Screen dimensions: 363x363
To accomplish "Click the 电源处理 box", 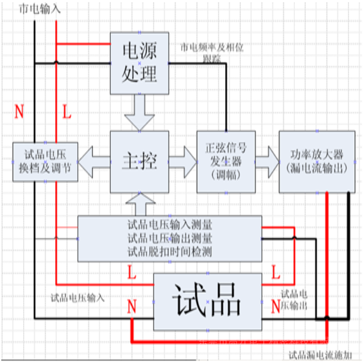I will [139, 63].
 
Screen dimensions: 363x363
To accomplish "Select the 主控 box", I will [139, 162].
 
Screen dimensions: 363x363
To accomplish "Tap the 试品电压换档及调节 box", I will [45, 162].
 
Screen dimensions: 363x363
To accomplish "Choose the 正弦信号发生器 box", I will [226, 162].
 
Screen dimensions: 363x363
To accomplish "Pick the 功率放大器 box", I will [316, 162].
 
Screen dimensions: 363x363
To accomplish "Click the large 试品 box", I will [207, 302].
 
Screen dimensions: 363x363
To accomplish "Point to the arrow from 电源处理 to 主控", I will [139, 112].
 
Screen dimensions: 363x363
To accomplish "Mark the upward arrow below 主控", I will [139, 204].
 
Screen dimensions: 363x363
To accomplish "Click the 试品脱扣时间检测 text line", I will [169, 252].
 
